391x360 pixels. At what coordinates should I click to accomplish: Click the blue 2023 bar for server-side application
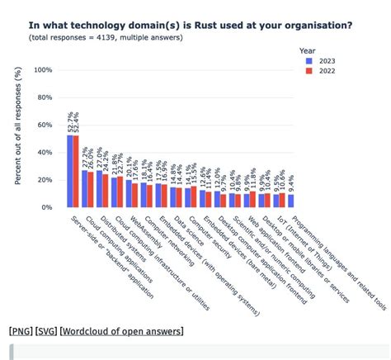click(71, 171)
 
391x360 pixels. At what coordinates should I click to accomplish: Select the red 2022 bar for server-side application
click(77, 171)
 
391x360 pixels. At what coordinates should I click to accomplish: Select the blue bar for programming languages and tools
click(291, 201)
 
